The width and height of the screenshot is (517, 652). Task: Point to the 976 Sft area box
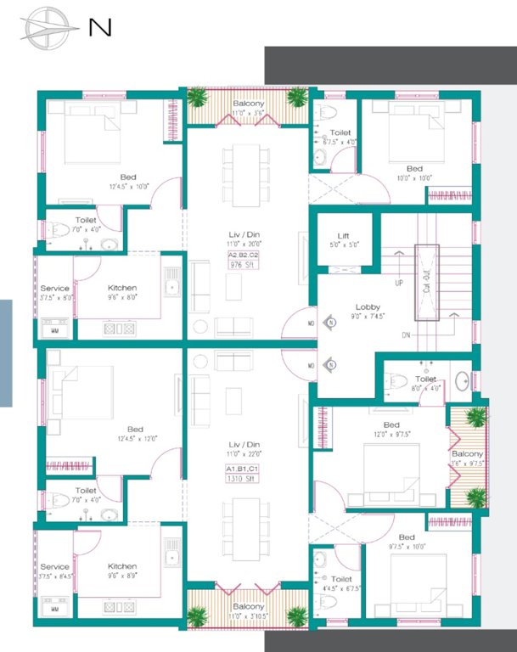pos(242,264)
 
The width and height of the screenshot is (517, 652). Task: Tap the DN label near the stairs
pos(406,335)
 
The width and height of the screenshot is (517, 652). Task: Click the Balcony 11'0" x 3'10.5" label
pos(248,611)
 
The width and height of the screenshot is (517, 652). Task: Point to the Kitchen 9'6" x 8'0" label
pos(122,293)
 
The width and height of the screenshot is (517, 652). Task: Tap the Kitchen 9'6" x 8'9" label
pos(122,570)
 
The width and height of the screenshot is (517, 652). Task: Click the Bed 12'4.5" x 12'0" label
pos(134,433)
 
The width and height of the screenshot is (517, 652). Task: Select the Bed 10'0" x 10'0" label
pos(414,173)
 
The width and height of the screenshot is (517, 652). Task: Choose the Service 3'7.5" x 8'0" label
pos(55,293)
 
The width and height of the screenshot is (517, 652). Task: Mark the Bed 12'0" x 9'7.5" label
pos(391,429)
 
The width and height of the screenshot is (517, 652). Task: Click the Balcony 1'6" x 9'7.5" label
pos(467,458)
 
